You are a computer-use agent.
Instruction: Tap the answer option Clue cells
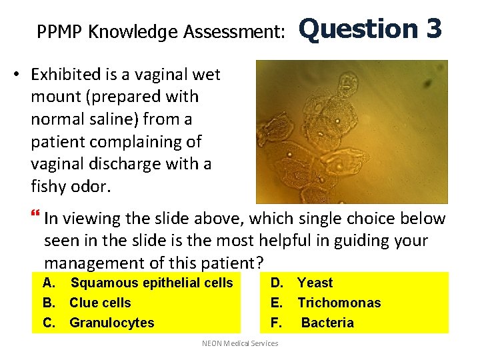point(100,303)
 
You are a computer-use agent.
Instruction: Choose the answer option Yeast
point(315,283)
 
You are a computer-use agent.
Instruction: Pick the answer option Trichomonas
point(339,303)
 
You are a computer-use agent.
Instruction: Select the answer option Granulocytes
point(111,323)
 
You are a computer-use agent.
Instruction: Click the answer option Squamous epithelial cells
point(151,283)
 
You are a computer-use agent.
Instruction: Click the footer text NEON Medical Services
point(240,343)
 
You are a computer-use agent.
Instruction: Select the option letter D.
point(277,283)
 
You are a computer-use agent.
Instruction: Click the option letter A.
point(48,283)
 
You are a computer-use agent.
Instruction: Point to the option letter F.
point(275,323)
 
